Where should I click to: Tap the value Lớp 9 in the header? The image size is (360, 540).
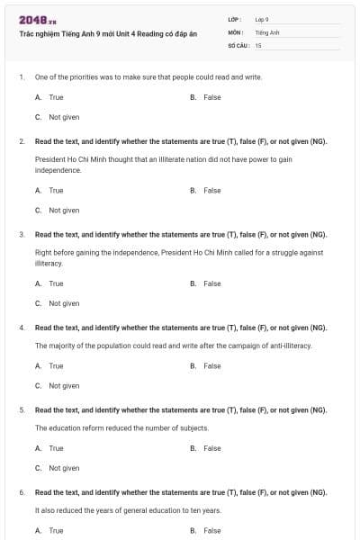[262, 19]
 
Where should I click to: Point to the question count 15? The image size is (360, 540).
[258, 44]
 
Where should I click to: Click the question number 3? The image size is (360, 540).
[22, 235]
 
